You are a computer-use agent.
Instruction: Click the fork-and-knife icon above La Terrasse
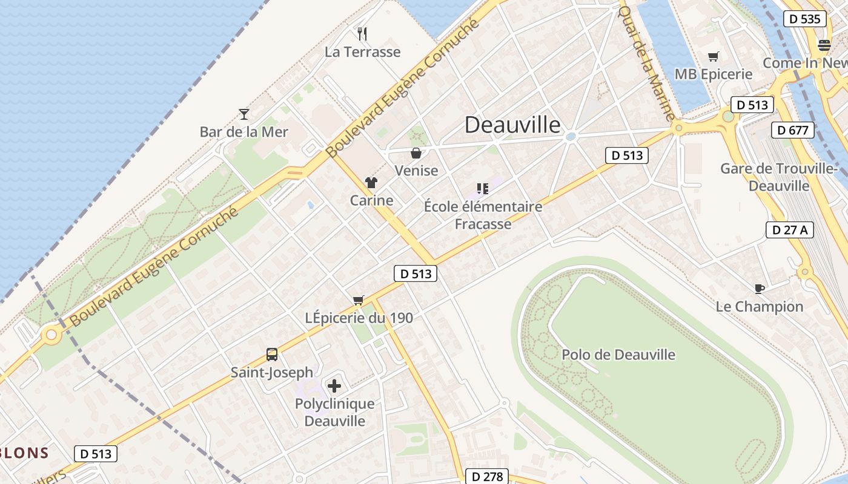pyautogui.click(x=362, y=33)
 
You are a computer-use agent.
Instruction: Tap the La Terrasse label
pyautogui.click(x=362, y=52)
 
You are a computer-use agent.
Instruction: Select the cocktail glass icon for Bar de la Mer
pyautogui.click(x=244, y=114)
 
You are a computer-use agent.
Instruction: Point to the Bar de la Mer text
pyautogui.click(x=244, y=132)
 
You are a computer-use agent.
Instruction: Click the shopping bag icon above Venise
pyautogui.click(x=416, y=153)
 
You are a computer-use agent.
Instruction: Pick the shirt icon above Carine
pyautogui.click(x=371, y=183)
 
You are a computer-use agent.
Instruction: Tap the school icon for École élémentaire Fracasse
pyautogui.click(x=483, y=189)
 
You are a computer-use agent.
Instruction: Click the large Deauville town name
pyautogui.click(x=512, y=125)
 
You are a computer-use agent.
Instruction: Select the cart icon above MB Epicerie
pyautogui.click(x=714, y=57)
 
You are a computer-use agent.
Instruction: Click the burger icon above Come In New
pyautogui.click(x=824, y=45)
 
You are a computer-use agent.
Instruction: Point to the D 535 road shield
pyautogui.click(x=805, y=19)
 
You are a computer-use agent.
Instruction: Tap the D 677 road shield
pyautogui.click(x=793, y=130)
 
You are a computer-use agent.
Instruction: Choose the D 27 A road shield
pyautogui.click(x=789, y=230)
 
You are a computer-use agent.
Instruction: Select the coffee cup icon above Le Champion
pyautogui.click(x=760, y=289)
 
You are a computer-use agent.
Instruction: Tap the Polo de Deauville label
pyautogui.click(x=618, y=355)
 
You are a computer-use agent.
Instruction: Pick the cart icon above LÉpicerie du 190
pyautogui.click(x=359, y=300)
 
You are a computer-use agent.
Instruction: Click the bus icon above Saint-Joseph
pyautogui.click(x=272, y=355)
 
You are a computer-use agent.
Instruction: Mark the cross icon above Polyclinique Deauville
pyautogui.click(x=334, y=385)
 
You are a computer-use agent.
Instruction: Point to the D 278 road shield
pyautogui.click(x=487, y=476)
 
